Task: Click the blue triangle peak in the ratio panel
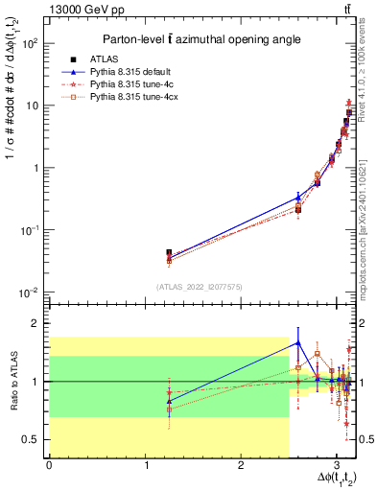click(x=298, y=342)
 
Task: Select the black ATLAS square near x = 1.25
click(x=169, y=253)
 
